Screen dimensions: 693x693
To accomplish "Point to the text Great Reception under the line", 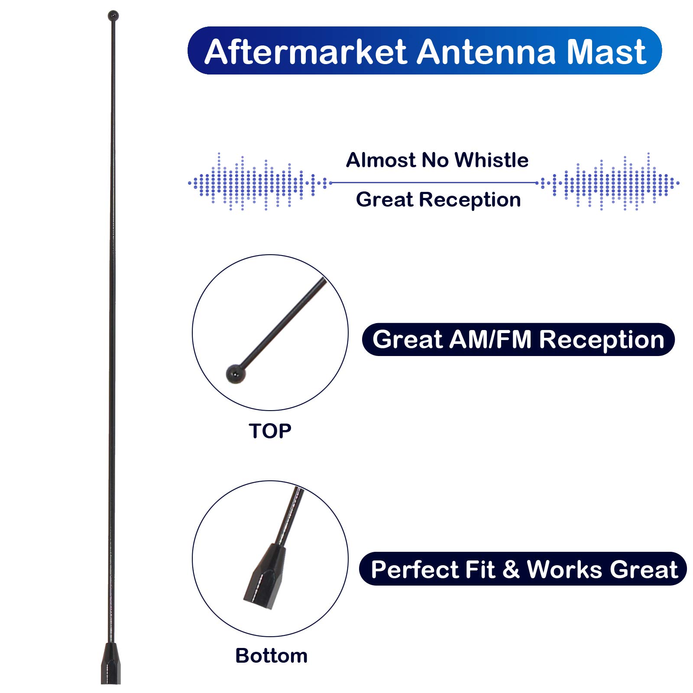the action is pos(438,200).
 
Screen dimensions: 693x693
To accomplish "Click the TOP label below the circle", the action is pos(270,431).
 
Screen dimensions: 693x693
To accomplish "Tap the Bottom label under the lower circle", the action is pos(271,656).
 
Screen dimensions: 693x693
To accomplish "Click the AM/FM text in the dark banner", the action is pos(490,339).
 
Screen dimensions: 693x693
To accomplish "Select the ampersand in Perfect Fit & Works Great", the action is pos(511,569).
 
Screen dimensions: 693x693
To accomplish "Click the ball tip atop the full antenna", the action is pos(113,16).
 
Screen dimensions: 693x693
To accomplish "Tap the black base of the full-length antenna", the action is pos(111,664).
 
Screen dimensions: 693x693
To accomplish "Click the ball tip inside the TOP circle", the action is pos(236,374).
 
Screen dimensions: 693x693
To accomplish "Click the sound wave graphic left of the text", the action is pos(259,182).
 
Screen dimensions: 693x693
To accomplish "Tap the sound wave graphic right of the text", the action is pos(608,182).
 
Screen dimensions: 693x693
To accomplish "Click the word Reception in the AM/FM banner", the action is pos(602,340).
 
